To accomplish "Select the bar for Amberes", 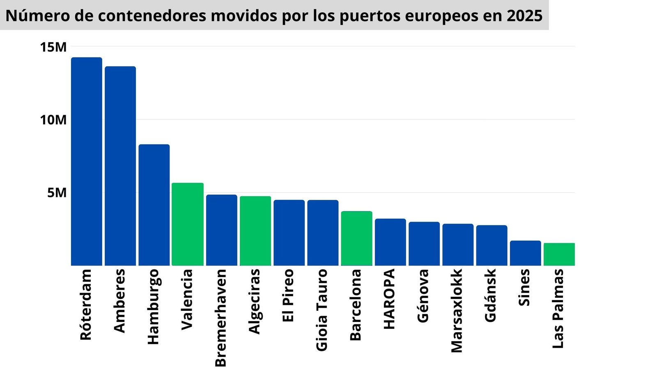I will [120, 166].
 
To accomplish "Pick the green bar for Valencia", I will [187, 224].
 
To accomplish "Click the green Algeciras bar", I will [255, 231].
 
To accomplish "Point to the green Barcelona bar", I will [356, 238].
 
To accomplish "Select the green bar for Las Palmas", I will [559, 254].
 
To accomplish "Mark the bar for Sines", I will [525, 253].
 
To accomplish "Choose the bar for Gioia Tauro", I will [323, 233].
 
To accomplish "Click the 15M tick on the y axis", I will [53, 47].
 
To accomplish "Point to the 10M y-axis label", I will [53, 120].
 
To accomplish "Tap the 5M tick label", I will [57, 193].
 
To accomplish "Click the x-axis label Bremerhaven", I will [221, 317].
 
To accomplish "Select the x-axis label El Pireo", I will [288, 295].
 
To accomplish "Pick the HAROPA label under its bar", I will [389, 299].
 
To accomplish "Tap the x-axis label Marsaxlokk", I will [457, 311].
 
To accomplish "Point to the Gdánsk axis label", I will [490, 295].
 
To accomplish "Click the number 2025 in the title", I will [524, 16].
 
